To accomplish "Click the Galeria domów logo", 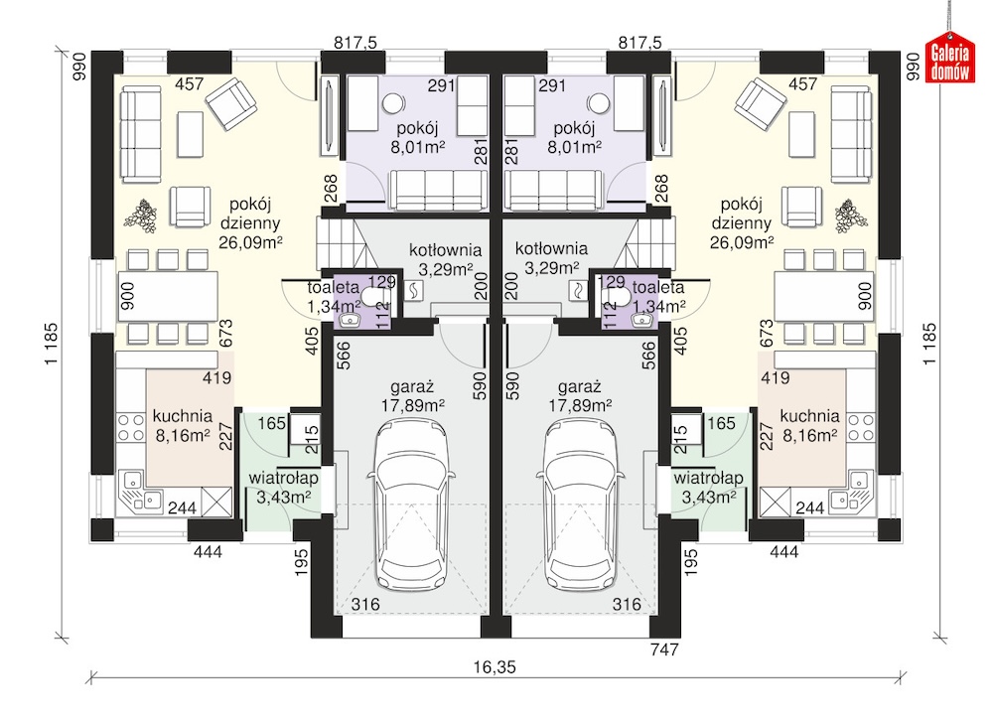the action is coord(949,60).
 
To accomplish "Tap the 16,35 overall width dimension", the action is coord(495,667).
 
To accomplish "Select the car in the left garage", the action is coord(412,505).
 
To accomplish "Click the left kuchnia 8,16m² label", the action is coord(183,426).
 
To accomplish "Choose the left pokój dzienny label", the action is coord(250,222).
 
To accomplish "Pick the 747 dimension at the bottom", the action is coord(664,650).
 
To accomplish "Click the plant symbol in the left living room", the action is coord(141,216).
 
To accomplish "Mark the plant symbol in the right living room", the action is coord(851,216).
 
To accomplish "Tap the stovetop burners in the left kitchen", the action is coord(131,427).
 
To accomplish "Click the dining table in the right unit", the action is coord(824,296).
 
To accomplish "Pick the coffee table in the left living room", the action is coord(190,134).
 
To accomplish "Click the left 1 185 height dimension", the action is coord(51,344).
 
